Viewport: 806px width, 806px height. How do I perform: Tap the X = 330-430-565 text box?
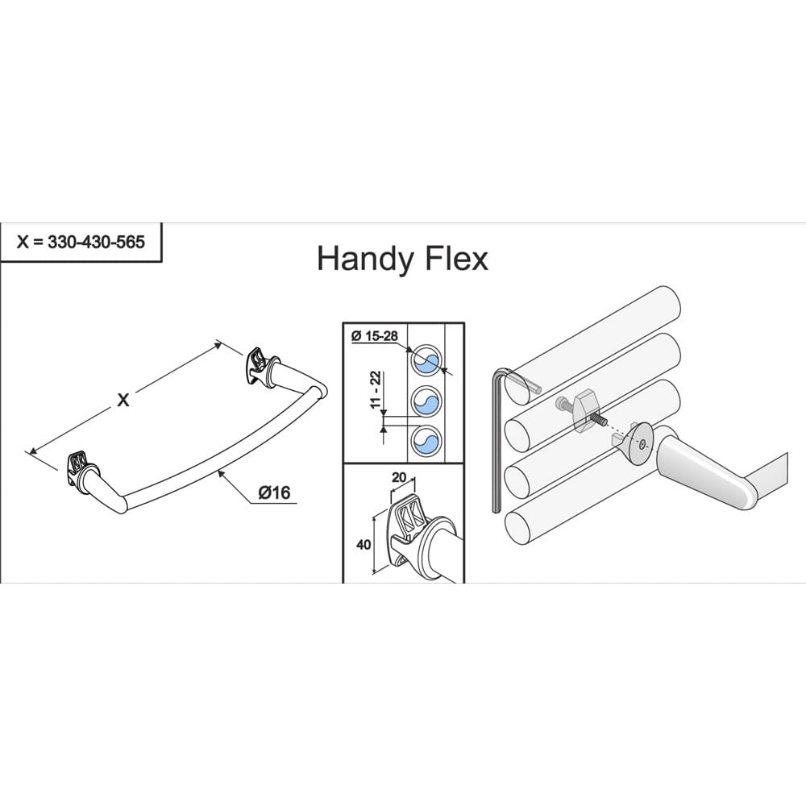pyautogui.click(x=81, y=242)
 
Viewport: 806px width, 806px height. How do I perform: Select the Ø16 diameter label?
pyautogui.click(x=274, y=493)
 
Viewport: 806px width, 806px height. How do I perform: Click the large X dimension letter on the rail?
pyautogui.click(x=123, y=400)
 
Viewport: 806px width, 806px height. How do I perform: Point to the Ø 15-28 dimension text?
pyautogui.click(x=375, y=336)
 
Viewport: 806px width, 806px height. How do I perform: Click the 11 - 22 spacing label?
pyautogui.click(x=376, y=389)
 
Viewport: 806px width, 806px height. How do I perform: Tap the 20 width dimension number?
pyautogui.click(x=399, y=477)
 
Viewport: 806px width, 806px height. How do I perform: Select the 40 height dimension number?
pyautogui.click(x=364, y=544)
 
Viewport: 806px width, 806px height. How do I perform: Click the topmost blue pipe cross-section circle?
pyautogui.click(x=426, y=359)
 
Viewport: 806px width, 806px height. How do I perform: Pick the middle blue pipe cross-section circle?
pyautogui.click(x=426, y=401)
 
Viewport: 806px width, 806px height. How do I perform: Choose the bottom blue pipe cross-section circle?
pyautogui.click(x=426, y=441)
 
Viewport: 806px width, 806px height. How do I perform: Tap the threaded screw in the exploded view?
pyautogui.click(x=599, y=418)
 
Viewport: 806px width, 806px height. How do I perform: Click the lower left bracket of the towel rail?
pyautogui.click(x=80, y=471)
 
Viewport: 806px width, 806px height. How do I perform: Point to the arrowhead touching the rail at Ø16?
pyautogui.click(x=220, y=473)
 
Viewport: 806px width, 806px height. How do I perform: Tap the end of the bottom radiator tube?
pyautogui.click(x=517, y=530)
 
